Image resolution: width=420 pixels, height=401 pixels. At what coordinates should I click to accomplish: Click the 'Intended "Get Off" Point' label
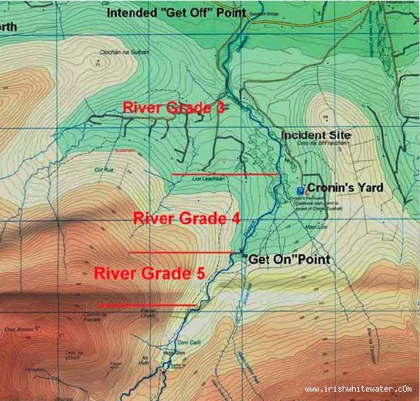click(x=176, y=13)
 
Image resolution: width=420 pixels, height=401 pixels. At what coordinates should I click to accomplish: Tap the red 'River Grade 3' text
click(x=173, y=108)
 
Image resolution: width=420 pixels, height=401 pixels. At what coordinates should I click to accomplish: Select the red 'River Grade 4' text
click(x=186, y=219)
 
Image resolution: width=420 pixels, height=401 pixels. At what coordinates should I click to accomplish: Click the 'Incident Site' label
click(x=316, y=135)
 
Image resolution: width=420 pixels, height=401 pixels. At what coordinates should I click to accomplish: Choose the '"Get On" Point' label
click(x=285, y=259)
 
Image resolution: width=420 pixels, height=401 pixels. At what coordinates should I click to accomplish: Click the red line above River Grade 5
click(x=179, y=253)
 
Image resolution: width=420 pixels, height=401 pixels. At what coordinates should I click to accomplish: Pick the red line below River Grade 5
click(x=147, y=305)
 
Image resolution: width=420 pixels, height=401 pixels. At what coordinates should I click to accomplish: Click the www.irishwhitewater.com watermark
click(x=359, y=389)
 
